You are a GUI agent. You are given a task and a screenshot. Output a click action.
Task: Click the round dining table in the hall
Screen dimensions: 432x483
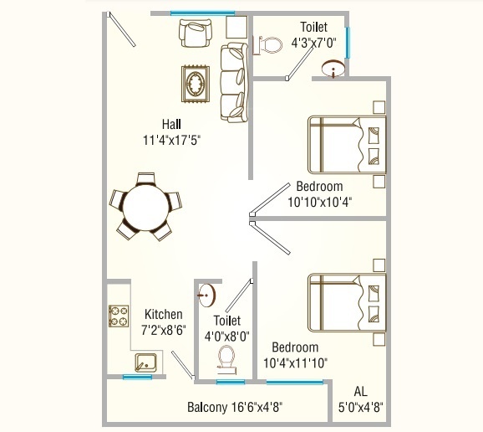click(145, 203)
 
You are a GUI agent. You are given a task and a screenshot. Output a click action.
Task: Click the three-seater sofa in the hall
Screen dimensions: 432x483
click(233, 82)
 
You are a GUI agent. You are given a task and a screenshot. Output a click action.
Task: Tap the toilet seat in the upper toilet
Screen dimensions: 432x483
click(267, 44)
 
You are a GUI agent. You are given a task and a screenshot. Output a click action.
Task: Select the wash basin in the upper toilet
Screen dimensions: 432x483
click(334, 68)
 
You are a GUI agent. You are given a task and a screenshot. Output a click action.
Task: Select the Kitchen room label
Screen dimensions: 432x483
click(163, 315)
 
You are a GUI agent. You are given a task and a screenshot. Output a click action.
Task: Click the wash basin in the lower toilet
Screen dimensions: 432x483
click(206, 294)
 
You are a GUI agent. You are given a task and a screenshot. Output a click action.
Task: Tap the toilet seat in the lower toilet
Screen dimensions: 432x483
click(225, 358)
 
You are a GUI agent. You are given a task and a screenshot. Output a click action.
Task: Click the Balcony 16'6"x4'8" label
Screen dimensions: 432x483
click(234, 408)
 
